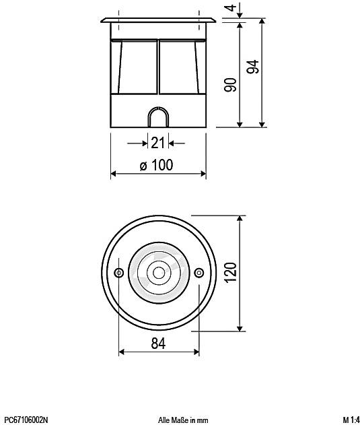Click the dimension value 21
click(157, 143)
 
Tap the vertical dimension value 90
click(230, 86)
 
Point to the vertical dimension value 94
click(253, 68)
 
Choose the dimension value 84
click(158, 343)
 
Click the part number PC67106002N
click(26, 420)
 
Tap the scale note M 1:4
click(349, 420)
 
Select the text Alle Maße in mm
click(183, 420)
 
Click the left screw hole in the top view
click(119, 273)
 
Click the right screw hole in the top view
click(199, 273)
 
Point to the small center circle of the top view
click(159, 273)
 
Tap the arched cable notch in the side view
click(158, 117)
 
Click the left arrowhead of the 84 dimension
click(122, 352)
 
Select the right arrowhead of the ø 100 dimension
click(202, 174)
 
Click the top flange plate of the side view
click(158, 20)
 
